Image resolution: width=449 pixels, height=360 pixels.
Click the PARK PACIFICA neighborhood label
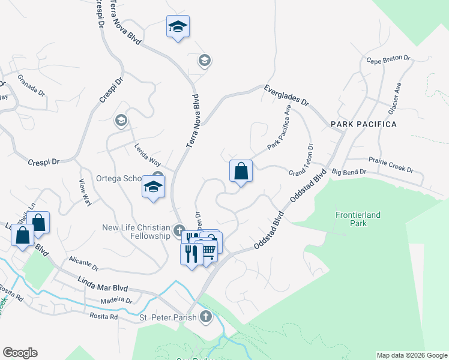363,124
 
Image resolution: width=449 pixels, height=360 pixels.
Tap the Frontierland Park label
358,219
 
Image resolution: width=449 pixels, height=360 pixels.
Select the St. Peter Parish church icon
206,317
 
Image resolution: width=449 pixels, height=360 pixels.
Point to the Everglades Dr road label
286,96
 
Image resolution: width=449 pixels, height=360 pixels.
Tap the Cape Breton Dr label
388,60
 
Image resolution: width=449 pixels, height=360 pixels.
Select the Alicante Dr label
83,263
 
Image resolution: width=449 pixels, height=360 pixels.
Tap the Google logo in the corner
20,353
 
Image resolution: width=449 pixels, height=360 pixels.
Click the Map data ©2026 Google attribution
412,355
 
